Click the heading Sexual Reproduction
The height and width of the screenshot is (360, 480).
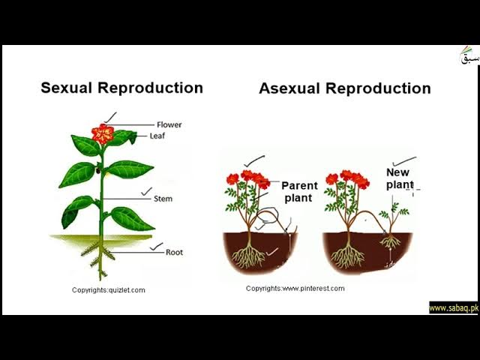tap(121, 88)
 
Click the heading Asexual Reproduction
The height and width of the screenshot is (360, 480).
tap(344, 88)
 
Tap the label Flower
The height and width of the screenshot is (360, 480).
tap(169, 124)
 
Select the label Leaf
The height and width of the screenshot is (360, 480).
tap(157, 136)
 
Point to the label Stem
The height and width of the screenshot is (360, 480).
tap(163, 199)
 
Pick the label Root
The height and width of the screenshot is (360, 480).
tap(174, 253)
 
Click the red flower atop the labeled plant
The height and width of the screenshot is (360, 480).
tap(103, 133)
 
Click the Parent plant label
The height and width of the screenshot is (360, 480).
tap(300, 191)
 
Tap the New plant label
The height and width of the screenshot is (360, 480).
tap(399, 178)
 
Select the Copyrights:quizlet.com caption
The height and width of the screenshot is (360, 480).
tap(109, 290)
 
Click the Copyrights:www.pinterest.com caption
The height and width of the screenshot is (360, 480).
tap(295, 288)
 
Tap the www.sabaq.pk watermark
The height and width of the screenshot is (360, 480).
tap(453, 308)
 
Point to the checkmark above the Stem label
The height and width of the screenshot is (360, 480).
tap(146, 190)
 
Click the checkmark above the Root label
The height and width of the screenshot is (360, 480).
tap(156, 245)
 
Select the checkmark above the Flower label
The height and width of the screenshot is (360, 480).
tap(110, 116)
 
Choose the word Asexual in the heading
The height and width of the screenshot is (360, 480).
tap(289, 88)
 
